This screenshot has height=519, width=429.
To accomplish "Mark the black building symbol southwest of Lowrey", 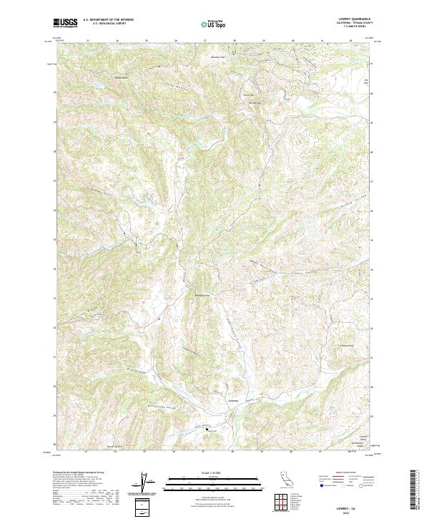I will click(208, 430).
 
